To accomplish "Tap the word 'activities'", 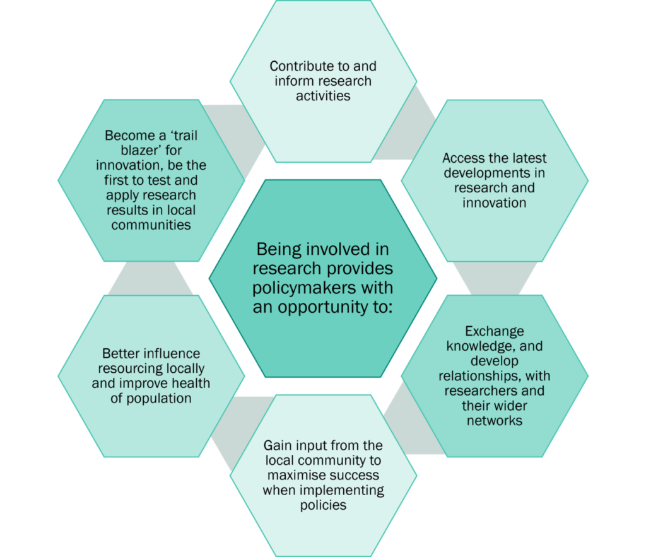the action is coord(323,96).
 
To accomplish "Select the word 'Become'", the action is coord(130,136).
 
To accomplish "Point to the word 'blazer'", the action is coord(139,150).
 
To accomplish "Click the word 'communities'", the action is coord(151,225).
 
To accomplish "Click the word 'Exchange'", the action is coord(495,331).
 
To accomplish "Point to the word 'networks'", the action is coord(495,421).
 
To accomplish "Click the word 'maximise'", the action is coord(294,475).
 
